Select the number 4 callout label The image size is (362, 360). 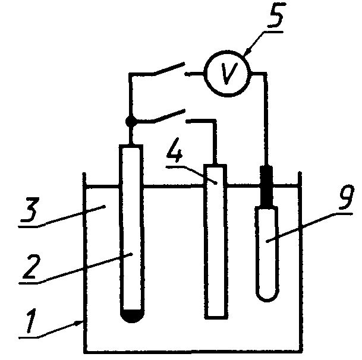tap(175, 150)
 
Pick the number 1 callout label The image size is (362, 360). tap(31, 321)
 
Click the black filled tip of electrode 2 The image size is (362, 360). tap(132, 316)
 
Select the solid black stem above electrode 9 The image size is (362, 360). tap(266, 186)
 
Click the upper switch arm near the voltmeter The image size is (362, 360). tap(169, 68)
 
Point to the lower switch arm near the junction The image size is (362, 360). tap(169, 115)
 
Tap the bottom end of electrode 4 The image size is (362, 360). tap(216, 318)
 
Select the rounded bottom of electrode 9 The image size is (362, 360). tap(267, 296)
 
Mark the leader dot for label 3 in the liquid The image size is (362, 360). tap(105, 206)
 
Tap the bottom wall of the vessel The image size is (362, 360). tap(193, 352)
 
